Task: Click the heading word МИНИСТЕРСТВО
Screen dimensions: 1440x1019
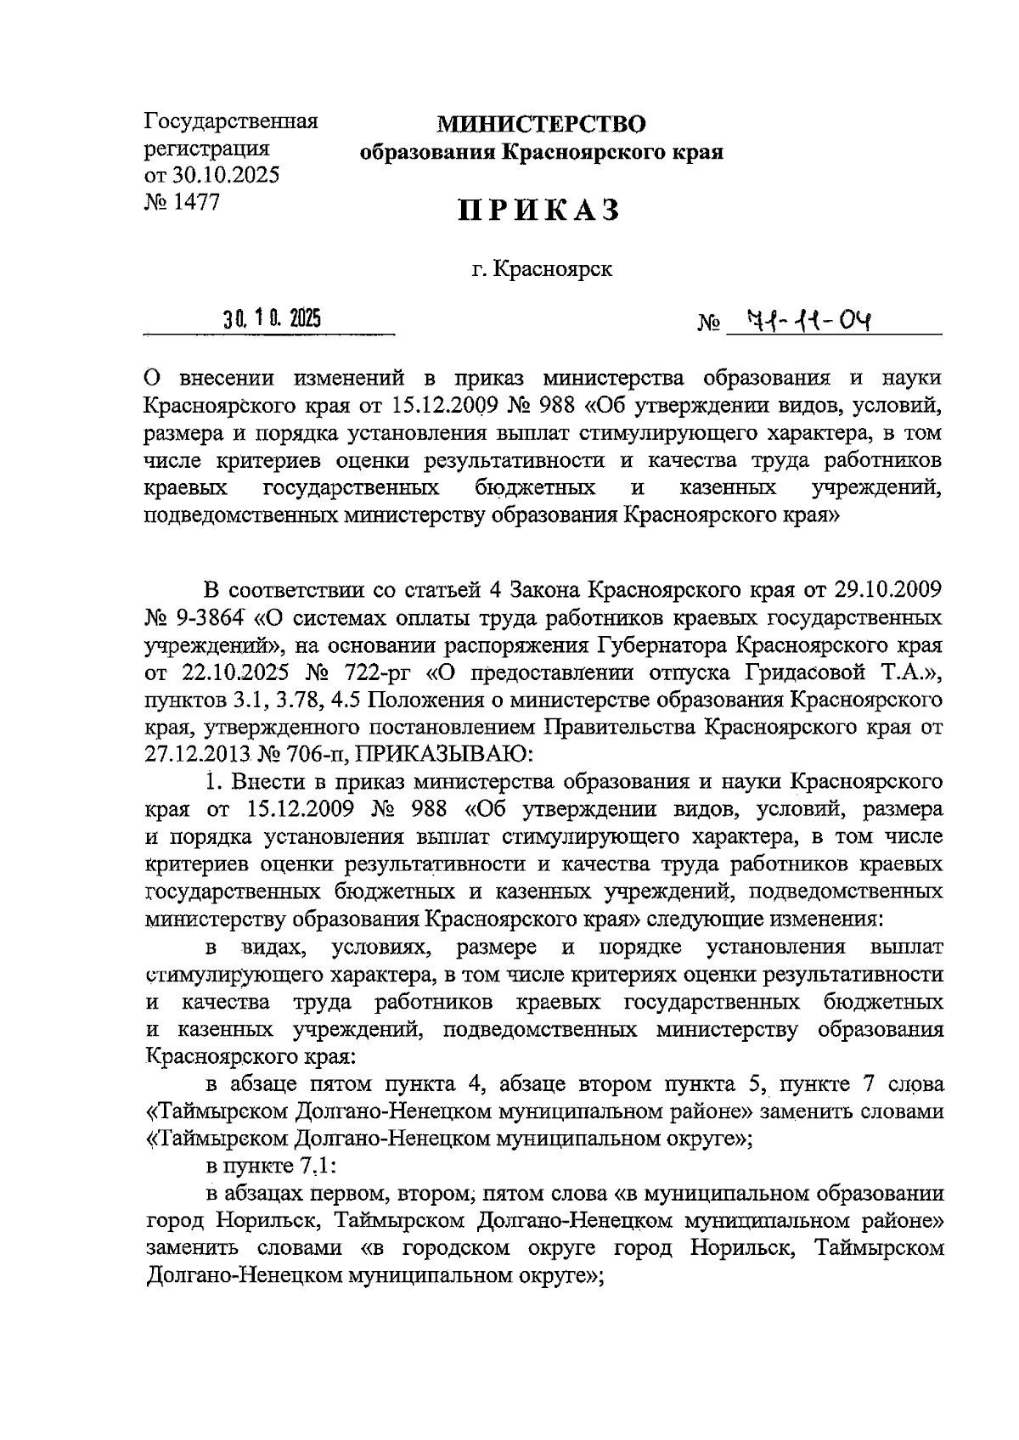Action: tap(541, 125)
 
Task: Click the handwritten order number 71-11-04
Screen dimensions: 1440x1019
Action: tap(809, 321)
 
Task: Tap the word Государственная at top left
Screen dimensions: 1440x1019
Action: tap(231, 121)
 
